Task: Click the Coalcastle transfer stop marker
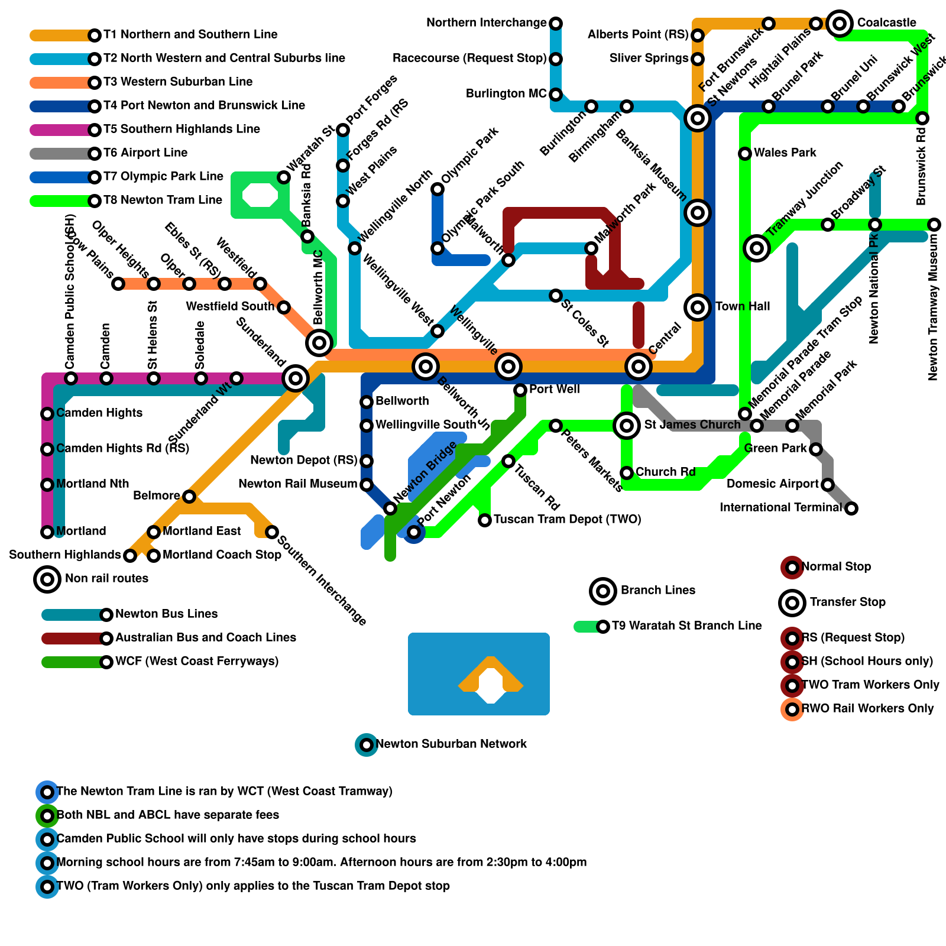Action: pos(840,24)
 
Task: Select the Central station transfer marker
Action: pos(639,367)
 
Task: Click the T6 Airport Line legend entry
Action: pos(145,153)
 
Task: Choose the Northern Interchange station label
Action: pos(486,23)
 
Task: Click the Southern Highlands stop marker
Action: pos(130,555)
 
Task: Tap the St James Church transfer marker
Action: pos(627,425)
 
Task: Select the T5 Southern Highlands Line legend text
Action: pos(182,129)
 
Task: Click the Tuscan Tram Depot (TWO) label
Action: pos(567,520)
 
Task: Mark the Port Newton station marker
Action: pos(414,532)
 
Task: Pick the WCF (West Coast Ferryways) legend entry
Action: pos(196,661)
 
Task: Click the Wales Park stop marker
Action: pos(745,154)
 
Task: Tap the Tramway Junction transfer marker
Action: pos(757,248)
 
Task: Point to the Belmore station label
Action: pos(157,495)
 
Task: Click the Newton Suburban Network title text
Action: pos(451,744)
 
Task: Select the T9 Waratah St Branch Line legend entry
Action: pos(686,626)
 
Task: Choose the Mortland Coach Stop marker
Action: pos(154,555)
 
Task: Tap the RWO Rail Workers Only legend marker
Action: pos(792,709)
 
